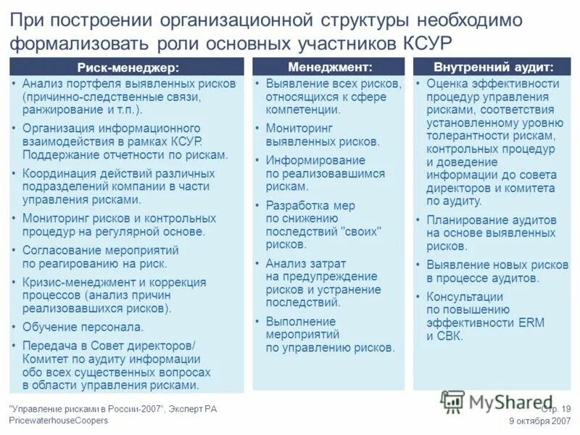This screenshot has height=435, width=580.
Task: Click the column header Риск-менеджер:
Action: click(128, 67)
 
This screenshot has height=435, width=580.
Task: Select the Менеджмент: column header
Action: click(330, 67)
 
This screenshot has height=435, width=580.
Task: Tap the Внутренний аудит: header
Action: click(493, 67)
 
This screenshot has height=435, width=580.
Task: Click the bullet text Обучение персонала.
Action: click(83, 326)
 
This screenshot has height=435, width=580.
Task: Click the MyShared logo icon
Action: click(452, 401)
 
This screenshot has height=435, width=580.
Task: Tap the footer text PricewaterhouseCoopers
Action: click(58, 421)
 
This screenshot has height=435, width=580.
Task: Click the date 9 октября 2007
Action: click(540, 422)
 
